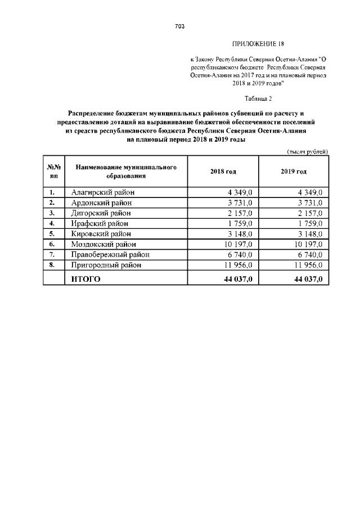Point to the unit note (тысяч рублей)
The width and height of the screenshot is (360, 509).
coord(308,152)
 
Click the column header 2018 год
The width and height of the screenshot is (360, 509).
coord(223,172)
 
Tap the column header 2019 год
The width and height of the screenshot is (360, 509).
coord(294,172)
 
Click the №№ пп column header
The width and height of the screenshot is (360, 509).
coord(54,172)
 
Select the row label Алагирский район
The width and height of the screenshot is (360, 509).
coord(103,192)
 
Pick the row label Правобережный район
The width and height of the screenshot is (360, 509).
coord(110,254)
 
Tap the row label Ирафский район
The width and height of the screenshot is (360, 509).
coord(100,223)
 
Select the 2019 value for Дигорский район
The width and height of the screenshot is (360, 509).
coord(310,213)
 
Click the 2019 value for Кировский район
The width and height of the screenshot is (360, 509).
coord(310,234)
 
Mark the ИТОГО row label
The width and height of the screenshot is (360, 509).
coord(85,279)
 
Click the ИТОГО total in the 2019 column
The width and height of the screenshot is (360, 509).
coord(308,279)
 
